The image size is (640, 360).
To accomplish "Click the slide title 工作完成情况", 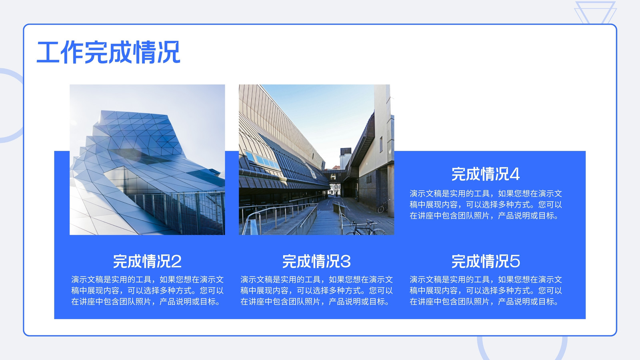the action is pos(108,52).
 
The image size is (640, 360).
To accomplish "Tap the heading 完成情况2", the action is pos(147,261).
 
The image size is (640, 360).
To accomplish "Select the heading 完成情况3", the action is pos(316,261).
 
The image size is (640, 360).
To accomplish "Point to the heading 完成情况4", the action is pos(486,174).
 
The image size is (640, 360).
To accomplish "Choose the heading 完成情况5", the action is pos(486,261).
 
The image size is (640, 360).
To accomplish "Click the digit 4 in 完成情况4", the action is pos(514,174).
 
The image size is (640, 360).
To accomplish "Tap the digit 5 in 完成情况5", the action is pos(514,262).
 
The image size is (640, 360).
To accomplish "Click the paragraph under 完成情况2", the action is pos(147,290).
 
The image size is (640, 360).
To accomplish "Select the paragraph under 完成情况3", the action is pos(316,290).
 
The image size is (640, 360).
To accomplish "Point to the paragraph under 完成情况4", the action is pos(486,204).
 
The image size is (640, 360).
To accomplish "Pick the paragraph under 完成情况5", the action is pos(486,290).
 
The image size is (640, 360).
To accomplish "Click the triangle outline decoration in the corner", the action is pos(596,12).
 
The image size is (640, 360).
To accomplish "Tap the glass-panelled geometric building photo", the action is pos(147,160).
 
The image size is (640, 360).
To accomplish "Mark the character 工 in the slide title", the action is pos(48,52).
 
